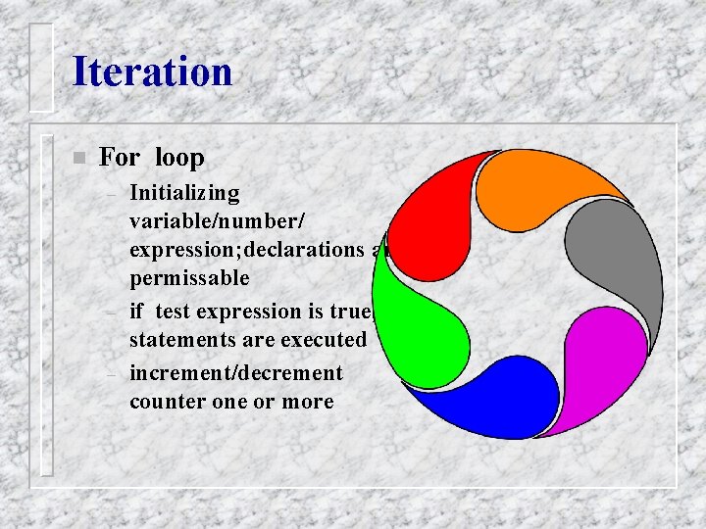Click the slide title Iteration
coord(152,72)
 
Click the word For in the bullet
coord(120,157)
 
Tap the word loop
coord(179,157)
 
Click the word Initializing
coord(184,193)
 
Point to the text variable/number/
coord(211,221)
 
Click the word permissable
coord(189,278)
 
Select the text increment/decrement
coord(236,373)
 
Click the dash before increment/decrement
coord(113,374)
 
